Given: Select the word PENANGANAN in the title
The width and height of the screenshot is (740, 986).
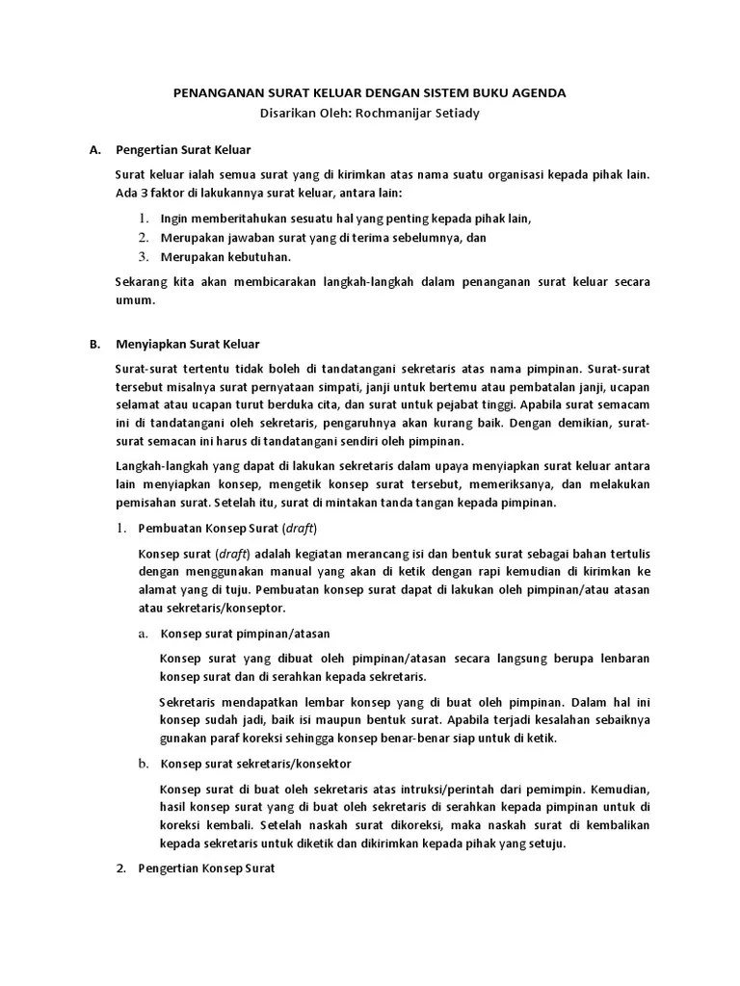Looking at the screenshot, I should (212, 93).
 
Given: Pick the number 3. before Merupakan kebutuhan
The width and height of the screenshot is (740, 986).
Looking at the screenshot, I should (143, 256).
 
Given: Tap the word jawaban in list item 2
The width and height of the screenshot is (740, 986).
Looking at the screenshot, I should (251, 237).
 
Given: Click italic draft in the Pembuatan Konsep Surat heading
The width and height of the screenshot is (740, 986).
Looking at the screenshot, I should (301, 529).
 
